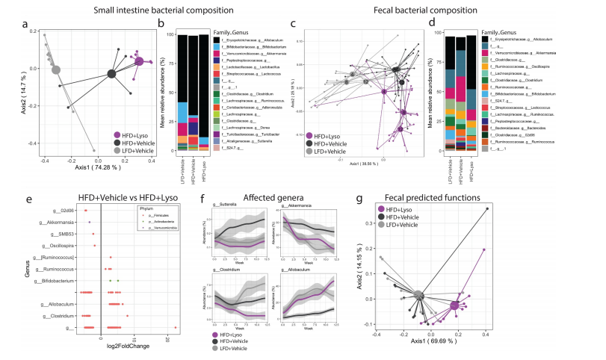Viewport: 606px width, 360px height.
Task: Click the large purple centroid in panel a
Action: coord(138,61)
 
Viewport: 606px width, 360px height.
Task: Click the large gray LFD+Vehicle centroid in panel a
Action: coord(55,70)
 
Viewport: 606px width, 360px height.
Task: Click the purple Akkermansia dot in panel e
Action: coord(90,223)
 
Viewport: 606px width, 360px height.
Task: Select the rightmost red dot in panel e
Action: coord(175,327)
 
